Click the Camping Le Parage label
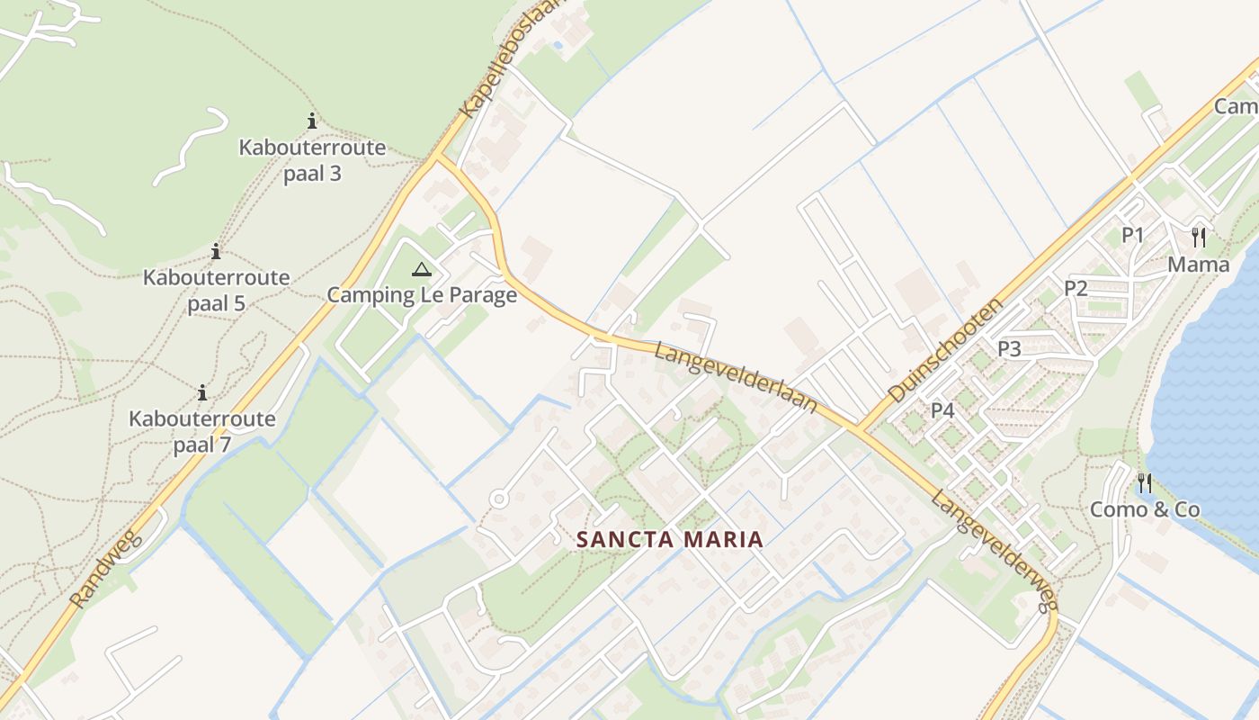coord(422,295)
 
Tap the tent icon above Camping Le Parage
coord(422,268)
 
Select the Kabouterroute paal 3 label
coord(312,160)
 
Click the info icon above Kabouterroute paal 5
coord(216,252)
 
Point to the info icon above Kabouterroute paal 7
coord(202,393)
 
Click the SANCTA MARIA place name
coord(670,540)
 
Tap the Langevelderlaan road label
coord(736,377)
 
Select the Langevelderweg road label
coord(993,551)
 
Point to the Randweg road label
coord(106,569)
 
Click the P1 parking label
coord(1132,236)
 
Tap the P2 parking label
coord(1076,288)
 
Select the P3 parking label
coord(1009,349)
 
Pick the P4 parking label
coord(942,410)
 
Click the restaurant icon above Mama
coord(1198,238)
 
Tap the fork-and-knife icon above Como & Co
coord(1144,483)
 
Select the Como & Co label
coord(1145,510)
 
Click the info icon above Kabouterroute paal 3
coord(312,121)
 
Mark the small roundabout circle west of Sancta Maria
coord(499,498)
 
